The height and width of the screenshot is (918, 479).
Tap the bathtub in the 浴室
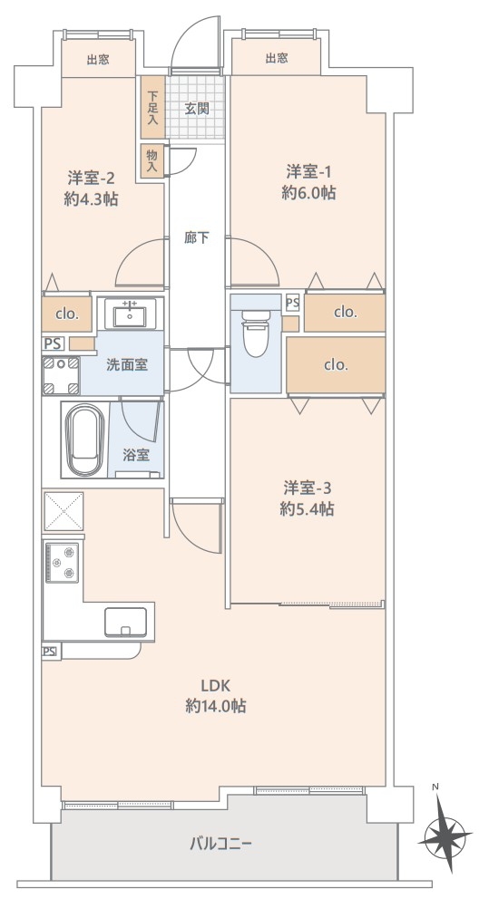point(84,440)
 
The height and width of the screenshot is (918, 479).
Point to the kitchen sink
point(125,621)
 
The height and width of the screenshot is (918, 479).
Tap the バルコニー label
point(220,844)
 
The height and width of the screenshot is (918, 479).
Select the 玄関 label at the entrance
point(197,109)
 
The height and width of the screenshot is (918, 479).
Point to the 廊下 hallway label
point(196,237)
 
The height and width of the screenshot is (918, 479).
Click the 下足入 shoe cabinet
point(153,108)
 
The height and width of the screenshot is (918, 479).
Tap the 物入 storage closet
point(152,161)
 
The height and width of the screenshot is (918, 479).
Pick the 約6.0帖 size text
point(308,193)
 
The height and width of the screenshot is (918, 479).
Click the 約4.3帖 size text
point(91,198)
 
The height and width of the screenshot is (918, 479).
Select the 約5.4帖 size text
point(307,508)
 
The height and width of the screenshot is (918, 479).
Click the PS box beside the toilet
point(292,303)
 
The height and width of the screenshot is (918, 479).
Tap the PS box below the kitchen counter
point(51,651)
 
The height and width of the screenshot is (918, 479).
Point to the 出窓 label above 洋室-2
point(98,59)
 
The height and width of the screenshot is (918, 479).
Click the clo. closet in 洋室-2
point(67,314)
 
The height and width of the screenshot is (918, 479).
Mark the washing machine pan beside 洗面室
point(61,374)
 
